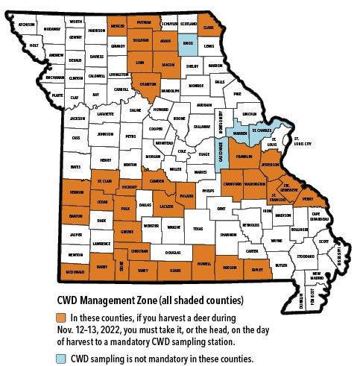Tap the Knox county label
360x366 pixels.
[188, 44]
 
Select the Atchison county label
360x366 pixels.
[27, 25]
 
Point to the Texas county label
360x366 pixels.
[198, 230]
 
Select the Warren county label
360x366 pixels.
[241, 134]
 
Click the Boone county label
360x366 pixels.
[179, 119]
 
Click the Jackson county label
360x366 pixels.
[78, 119]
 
